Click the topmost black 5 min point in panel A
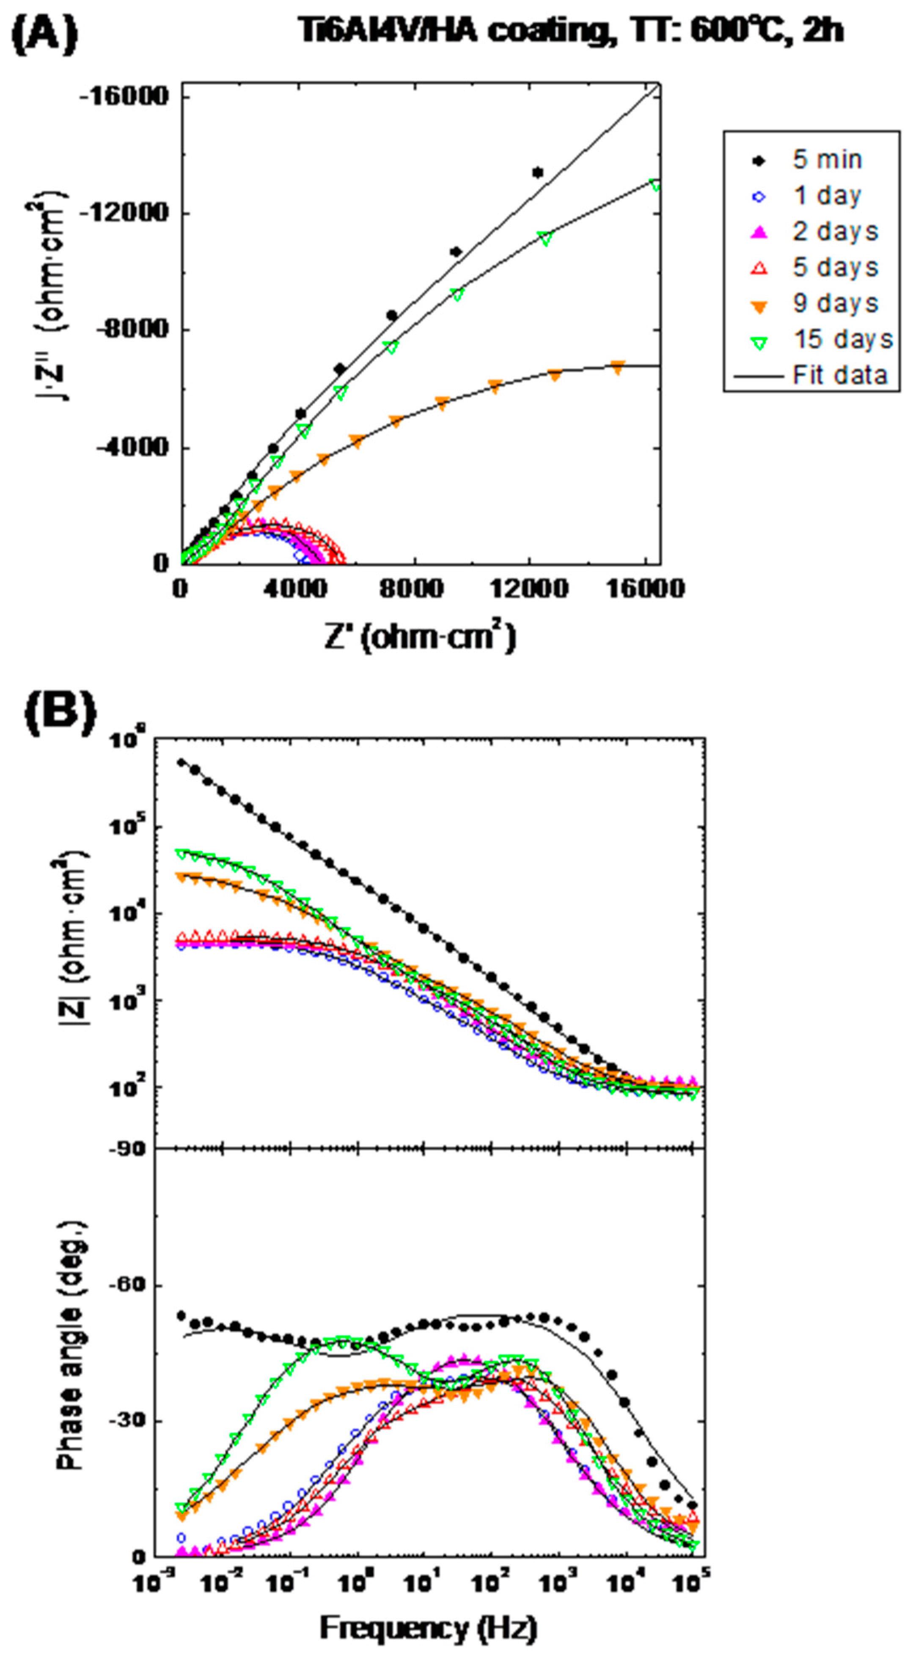(538, 173)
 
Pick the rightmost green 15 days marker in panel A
(655, 185)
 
